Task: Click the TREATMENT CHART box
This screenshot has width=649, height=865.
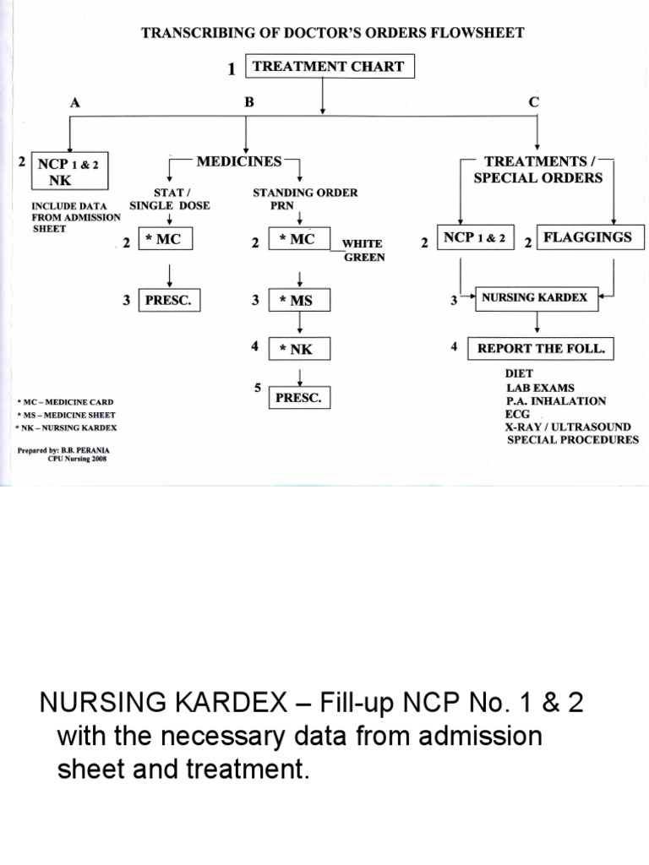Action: tap(329, 67)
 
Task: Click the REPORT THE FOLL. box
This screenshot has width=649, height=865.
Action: tap(541, 348)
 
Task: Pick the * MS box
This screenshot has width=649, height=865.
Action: tap(300, 300)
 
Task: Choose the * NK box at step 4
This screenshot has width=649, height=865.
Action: tap(300, 349)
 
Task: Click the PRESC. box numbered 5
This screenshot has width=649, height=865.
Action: tap(299, 397)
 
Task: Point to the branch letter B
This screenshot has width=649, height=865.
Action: tap(248, 101)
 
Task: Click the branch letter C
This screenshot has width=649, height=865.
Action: tap(533, 101)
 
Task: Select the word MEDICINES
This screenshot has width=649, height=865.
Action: tap(239, 160)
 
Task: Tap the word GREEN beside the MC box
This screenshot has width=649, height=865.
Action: tap(364, 257)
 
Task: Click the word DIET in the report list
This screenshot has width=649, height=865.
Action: tap(520, 373)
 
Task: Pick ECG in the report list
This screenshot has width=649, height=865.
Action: tap(518, 414)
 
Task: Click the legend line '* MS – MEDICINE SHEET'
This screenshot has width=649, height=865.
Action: tap(65, 415)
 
